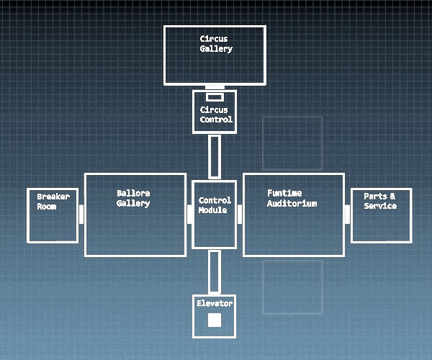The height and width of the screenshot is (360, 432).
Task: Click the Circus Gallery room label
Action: tap(216, 43)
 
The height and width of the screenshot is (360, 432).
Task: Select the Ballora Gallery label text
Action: tap(133, 198)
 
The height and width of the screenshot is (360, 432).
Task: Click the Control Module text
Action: tap(215, 205)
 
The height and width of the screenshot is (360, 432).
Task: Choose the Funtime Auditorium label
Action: tap(292, 198)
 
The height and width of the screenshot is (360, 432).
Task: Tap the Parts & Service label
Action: tap(380, 201)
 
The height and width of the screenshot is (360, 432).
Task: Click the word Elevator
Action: tap(215, 304)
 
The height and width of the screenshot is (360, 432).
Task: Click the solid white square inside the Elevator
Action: tap(215, 320)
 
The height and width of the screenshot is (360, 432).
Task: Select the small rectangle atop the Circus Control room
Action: tap(215, 97)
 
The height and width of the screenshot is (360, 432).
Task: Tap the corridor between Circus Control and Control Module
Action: tap(215, 156)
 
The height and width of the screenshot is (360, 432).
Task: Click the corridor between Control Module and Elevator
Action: tap(215, 271)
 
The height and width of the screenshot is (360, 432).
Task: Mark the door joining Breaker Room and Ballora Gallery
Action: tap(81, 214)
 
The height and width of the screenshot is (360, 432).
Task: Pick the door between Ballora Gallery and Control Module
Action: tap(189, 214)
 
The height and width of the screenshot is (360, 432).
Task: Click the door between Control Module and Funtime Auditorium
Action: tap(240, 211)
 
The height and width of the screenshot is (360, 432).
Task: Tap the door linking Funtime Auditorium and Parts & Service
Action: tap(347, 214)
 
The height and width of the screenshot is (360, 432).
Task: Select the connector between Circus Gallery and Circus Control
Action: tap(215, 87)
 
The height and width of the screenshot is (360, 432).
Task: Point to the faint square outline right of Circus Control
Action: tap(292, 143)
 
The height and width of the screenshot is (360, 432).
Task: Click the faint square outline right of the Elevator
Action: tap(292, 287)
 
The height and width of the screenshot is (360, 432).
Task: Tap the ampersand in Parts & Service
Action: tap(392, 197)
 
